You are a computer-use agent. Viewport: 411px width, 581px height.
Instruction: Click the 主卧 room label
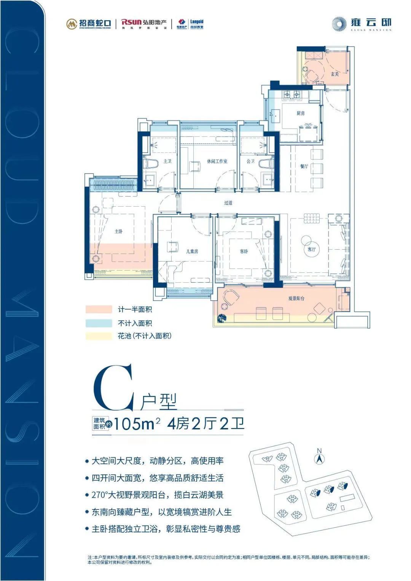tap(118, 231)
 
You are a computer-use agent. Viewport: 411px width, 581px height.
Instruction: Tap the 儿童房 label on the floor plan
tap(192, 251)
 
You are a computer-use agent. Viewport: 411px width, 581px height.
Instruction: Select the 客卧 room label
tap(244, 251)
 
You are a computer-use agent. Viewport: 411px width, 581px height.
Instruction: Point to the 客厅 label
tap(311, 250)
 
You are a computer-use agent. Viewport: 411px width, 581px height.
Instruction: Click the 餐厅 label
tap(304, 166)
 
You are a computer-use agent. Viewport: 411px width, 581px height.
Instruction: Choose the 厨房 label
tap(301, 113)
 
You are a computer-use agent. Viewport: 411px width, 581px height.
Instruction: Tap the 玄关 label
tap(335, 74)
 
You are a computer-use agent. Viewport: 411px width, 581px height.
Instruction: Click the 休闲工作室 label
tap(217, 161)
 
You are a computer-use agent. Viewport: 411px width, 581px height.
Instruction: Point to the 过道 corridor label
tap(228, 203)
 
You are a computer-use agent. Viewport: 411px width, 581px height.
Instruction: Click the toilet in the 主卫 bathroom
tap(152, 164)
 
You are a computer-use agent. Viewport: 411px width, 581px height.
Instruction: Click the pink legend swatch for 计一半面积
tap(99, 310)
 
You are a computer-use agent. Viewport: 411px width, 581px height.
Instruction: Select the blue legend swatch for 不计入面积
tap(99, 323)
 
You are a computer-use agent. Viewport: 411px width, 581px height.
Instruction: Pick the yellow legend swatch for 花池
tap(99, 336)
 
